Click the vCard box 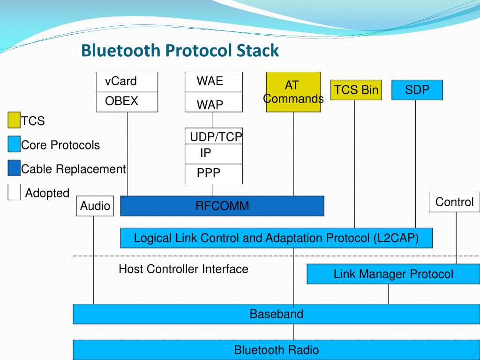(127, 82)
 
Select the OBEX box (127, 102)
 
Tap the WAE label (210, 81)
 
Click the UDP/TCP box (214, 136)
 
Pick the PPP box (214, 174)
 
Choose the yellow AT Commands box (293, 92)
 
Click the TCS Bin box (356, 90)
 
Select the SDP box (417, 90)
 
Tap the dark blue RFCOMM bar (222, 206)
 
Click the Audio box (95, 206)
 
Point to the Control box (454, 202)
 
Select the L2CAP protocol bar (276, 238)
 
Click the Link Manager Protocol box (393, 274)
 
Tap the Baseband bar (276, 314)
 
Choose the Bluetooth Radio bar (276, 350)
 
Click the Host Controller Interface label (183, 269)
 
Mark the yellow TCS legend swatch (14, 120)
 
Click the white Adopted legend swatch (14, 192)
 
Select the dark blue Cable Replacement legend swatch (14, 168)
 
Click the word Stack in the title (257, 50)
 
